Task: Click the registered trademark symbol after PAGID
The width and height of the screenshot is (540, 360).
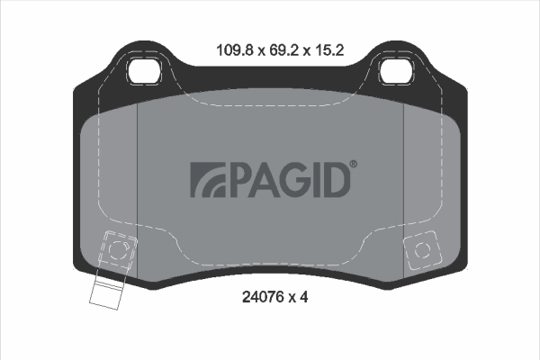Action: (353, 164)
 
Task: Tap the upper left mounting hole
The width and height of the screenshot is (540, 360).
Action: (144, 68)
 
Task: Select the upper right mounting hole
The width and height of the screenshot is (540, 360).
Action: (397, 68)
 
